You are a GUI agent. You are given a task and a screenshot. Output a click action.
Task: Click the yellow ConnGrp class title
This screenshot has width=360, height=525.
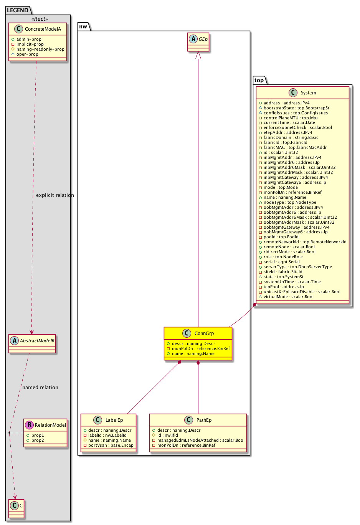[x=204, y=333]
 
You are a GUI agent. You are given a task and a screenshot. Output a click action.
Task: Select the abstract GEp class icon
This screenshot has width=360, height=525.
[x=193, y=39]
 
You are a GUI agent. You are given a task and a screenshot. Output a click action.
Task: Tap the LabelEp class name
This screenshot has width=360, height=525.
[x=114, y=420]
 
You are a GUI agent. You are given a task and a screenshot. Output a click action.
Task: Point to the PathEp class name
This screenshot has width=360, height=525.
[x=204, y=420]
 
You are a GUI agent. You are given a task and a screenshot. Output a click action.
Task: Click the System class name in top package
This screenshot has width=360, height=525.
[x=308, y=92]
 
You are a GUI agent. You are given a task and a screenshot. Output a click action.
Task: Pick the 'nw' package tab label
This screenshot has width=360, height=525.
[x=83, y=26]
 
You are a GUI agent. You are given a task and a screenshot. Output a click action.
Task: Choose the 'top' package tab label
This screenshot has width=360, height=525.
[x=259, y=80]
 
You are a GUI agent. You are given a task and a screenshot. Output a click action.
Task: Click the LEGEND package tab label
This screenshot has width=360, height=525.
[x=18, y=10]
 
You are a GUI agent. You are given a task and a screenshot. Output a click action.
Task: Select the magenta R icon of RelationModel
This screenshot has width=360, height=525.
[x=29, y=425]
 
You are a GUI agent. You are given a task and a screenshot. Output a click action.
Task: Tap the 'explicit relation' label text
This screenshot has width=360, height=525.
[x=55, y=195]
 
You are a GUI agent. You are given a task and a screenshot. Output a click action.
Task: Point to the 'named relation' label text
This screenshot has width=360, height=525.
[x=40, y=387]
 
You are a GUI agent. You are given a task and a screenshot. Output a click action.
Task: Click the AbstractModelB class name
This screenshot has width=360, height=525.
[x=37, y=340]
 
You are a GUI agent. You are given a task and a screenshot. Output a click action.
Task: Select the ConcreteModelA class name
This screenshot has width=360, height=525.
[x=43, y=29]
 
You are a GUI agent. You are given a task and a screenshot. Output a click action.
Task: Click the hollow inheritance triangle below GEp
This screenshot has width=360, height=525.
[x=198, y=55]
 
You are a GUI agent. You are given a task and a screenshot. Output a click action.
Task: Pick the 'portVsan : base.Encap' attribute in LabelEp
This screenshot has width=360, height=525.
[x=111, y=445]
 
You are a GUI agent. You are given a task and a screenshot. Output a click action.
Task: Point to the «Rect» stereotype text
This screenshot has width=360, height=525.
[x=40, y=19]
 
